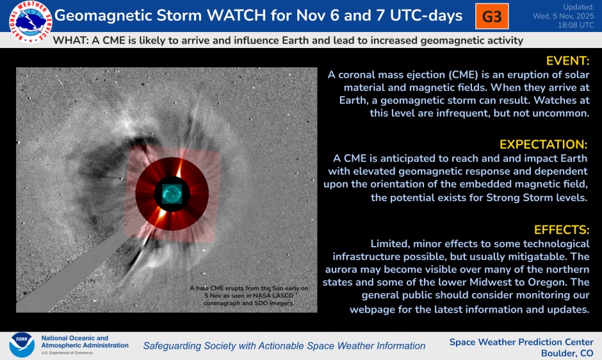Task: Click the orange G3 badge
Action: (492, 17)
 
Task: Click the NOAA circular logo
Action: (22, 345)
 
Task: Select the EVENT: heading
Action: (567, 61)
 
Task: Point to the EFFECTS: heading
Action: (561, 229)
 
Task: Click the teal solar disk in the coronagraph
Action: (172, 193)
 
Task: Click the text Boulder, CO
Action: (567, 353)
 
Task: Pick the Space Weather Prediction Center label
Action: (521, 341)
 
